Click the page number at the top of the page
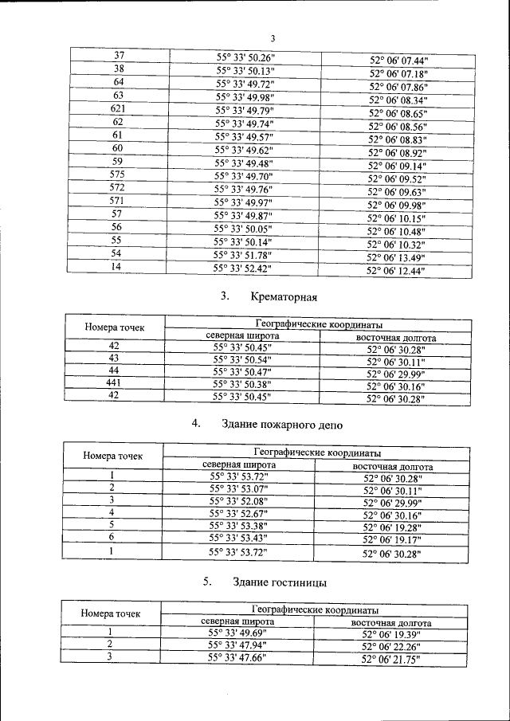273,39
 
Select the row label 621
117,108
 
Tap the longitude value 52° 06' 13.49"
396,257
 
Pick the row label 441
114,384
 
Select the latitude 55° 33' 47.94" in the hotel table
237,645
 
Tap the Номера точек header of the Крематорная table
114,327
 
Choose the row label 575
117,174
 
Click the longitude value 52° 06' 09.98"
397,205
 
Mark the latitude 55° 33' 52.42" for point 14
242,268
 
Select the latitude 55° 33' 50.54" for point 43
242,359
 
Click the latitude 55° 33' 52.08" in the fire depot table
238,500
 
